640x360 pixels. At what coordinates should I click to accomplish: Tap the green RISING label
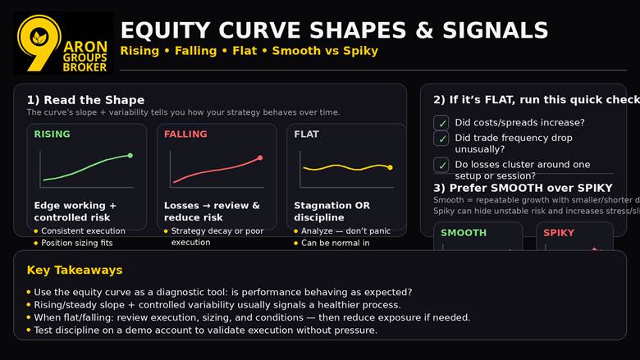52,134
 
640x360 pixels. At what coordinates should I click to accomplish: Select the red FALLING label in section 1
185,134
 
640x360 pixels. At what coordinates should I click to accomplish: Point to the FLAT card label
306,134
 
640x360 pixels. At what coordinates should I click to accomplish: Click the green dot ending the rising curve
130,155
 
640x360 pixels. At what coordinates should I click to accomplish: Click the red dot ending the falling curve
260,157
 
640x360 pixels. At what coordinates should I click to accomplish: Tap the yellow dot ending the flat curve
390,167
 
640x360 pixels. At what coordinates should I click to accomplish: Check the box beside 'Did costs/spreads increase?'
441,123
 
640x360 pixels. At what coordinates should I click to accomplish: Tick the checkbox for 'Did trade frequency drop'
441,139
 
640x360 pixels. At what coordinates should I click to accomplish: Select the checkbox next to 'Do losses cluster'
441,165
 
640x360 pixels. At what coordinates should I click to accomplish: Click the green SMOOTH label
464,233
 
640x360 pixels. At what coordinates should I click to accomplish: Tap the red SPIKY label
560,233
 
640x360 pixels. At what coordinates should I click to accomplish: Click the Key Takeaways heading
75,270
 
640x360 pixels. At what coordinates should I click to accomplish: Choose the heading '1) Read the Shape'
85,100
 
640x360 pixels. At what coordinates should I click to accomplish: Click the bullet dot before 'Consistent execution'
36,231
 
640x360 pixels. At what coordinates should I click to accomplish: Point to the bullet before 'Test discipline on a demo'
29,330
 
